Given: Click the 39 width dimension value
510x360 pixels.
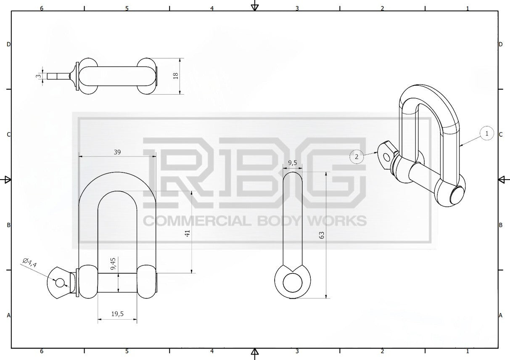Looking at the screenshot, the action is coord(117,152).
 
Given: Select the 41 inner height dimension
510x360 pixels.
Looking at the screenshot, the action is coord(188,233).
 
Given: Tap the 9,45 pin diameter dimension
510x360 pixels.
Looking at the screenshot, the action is coord(113,264).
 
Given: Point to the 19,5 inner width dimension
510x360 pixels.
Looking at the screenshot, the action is coord(117,314).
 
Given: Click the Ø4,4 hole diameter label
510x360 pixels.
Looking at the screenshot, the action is coord(30,262).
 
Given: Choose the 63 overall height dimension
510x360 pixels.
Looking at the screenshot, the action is coord(322,235).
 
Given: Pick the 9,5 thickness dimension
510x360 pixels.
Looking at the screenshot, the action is coord(293,163).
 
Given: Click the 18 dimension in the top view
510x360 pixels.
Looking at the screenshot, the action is coord(176,76).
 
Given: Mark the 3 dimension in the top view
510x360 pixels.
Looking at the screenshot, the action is coord(39,76).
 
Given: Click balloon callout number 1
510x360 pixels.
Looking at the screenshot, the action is coord(487,133).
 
